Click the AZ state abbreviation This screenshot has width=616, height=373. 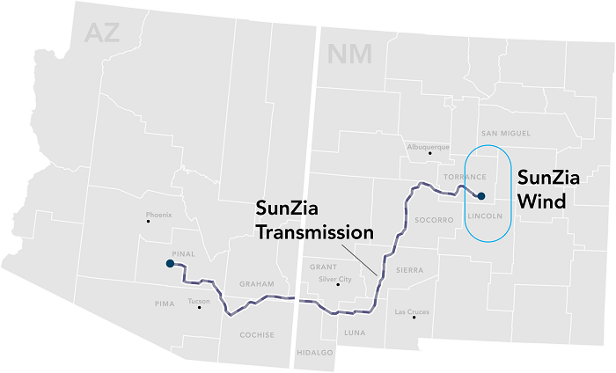(x=101, y=33)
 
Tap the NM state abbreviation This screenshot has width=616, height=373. (x=349, y=54)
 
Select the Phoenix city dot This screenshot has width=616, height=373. (x=148, y=222)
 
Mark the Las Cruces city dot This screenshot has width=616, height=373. (x=414, y=318)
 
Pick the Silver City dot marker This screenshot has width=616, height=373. (x=339, y=285)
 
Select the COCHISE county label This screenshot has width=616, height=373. (x=257, y=335)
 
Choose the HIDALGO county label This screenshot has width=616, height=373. (x=314, y=352)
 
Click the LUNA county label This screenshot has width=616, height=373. (x=355, y=333)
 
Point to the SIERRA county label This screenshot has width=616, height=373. (x=409, y=270)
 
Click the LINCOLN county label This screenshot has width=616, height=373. (x=485, y=215)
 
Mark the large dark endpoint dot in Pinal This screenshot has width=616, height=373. (x=170, y=263)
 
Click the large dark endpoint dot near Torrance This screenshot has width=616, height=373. (x=480, y=195)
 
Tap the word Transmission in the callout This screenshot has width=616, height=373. (x=314, y=233)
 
